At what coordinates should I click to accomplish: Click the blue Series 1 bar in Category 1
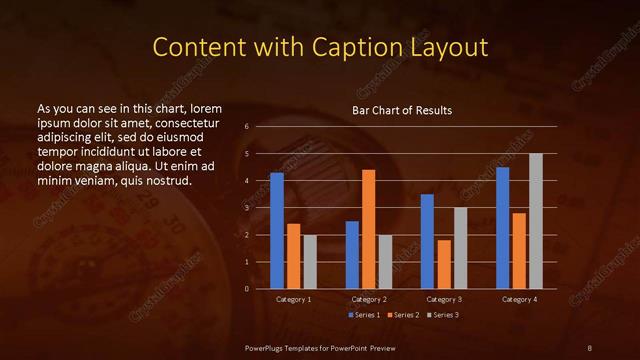[277, 231]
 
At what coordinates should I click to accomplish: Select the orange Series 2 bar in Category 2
[369, 229]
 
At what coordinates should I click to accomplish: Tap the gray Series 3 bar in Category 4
[536, 221]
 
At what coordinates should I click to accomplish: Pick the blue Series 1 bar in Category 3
[427, 241]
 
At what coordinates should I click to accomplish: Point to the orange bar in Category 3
[444, 264]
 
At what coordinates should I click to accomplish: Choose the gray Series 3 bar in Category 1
[310, 262]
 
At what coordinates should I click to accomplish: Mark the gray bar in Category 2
[385, 262]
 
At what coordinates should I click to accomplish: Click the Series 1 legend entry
[363, 315]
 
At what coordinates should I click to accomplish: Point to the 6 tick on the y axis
[247, 127]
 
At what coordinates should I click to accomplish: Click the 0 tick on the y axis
[247, 289]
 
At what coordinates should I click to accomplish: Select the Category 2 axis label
[369, 299]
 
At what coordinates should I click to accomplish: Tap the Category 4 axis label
[519, 299]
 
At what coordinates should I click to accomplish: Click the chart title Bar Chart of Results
[402, 110]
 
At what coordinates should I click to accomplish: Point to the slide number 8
[589, 347]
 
